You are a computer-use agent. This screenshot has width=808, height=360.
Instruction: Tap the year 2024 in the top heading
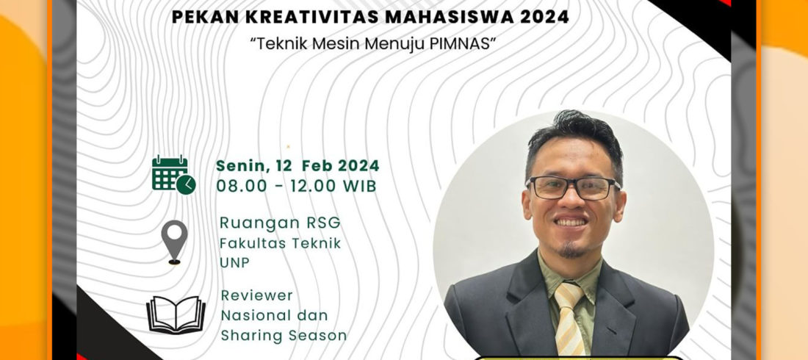[544, 17]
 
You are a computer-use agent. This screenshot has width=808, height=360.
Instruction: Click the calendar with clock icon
[173, 175]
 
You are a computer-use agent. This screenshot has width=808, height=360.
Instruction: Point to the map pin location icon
[174, 242]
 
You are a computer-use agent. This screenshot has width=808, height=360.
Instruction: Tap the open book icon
[176, 314]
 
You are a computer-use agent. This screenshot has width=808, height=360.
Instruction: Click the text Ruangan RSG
[280, 223]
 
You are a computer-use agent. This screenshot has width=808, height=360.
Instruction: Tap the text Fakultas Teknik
[280, 243]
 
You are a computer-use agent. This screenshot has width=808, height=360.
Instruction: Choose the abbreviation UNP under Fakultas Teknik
[234, 262]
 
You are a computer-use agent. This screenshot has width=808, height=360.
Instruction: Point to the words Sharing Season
[284, 335]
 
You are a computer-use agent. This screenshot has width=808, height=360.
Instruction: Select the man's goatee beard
[571, 251]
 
